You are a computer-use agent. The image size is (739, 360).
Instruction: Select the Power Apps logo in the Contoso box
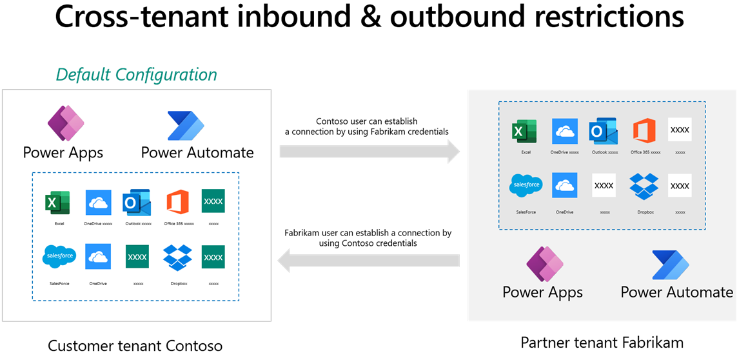[x=66, y=124]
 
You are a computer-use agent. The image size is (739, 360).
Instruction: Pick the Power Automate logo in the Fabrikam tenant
[x=671, y=265]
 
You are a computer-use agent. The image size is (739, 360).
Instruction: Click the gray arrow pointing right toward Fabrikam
[x=369, y=152]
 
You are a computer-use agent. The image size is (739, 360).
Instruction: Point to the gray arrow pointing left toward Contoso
[x=368, y=261]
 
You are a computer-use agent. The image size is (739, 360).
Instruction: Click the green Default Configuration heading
[x=137, y=74]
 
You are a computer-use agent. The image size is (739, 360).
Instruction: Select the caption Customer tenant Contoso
[x=135, y=346]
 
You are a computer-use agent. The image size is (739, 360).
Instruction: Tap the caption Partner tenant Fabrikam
[x=602, y=341]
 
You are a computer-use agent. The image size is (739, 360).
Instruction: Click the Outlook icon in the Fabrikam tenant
[x=604, y=132]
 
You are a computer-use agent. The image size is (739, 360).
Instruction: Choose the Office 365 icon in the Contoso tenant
[x=177, y=202]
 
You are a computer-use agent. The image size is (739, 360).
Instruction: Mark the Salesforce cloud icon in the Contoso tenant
[x=59, y=256]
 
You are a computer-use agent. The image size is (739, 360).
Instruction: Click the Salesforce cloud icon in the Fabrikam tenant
[x=526, y=186]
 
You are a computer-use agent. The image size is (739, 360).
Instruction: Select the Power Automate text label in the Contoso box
[x=197, y=153]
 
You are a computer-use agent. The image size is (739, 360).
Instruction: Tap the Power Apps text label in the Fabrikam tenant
[x=542, y=292]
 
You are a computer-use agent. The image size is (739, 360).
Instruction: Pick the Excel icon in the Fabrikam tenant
[x=524, y=132]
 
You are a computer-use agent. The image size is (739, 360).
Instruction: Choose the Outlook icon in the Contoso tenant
[x=137, y=202]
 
